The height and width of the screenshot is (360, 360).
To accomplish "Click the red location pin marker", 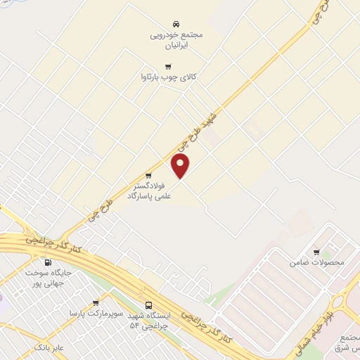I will tap(181, 166).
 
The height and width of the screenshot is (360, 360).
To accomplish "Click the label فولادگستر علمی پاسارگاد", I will tap(149, 192).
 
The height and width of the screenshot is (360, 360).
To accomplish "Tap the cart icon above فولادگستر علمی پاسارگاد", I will tap(148, 176).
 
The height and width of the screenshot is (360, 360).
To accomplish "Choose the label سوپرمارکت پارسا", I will tap(96, 311).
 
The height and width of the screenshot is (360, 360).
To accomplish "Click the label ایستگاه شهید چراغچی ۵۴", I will tap(149, 321).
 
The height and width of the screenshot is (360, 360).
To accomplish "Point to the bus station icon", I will tap(148, 306).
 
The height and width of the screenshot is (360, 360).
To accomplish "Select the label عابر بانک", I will tap(49, 347).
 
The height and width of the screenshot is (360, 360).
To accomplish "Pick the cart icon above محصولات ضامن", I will tap(316, 252).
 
